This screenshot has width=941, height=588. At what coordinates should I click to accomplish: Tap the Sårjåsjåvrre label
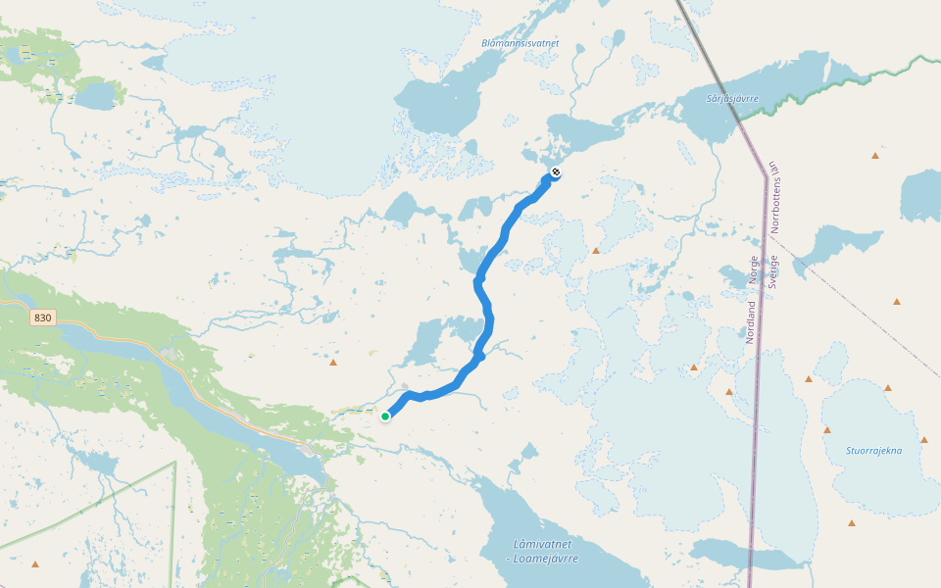tap(732, 99)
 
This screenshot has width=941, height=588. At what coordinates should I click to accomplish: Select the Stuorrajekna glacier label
tap(873, 451)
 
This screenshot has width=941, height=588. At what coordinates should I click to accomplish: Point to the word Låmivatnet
tap(541, 544)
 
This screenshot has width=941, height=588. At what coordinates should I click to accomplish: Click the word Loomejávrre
tap(546, 559)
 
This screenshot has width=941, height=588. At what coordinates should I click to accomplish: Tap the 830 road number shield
tap(41, 318)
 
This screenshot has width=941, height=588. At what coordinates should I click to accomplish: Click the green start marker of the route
tap(385, 416)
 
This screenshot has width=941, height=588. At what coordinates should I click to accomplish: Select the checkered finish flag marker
tap(556, 173)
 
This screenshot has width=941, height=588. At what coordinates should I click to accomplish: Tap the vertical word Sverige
tap(774, 269)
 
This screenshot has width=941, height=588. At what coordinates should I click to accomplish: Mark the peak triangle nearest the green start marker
tap(333, 364)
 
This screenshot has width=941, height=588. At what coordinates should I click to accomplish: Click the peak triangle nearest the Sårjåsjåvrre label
tap(875, 155)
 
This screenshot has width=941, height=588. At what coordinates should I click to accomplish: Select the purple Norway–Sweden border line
tap(759, 392)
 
